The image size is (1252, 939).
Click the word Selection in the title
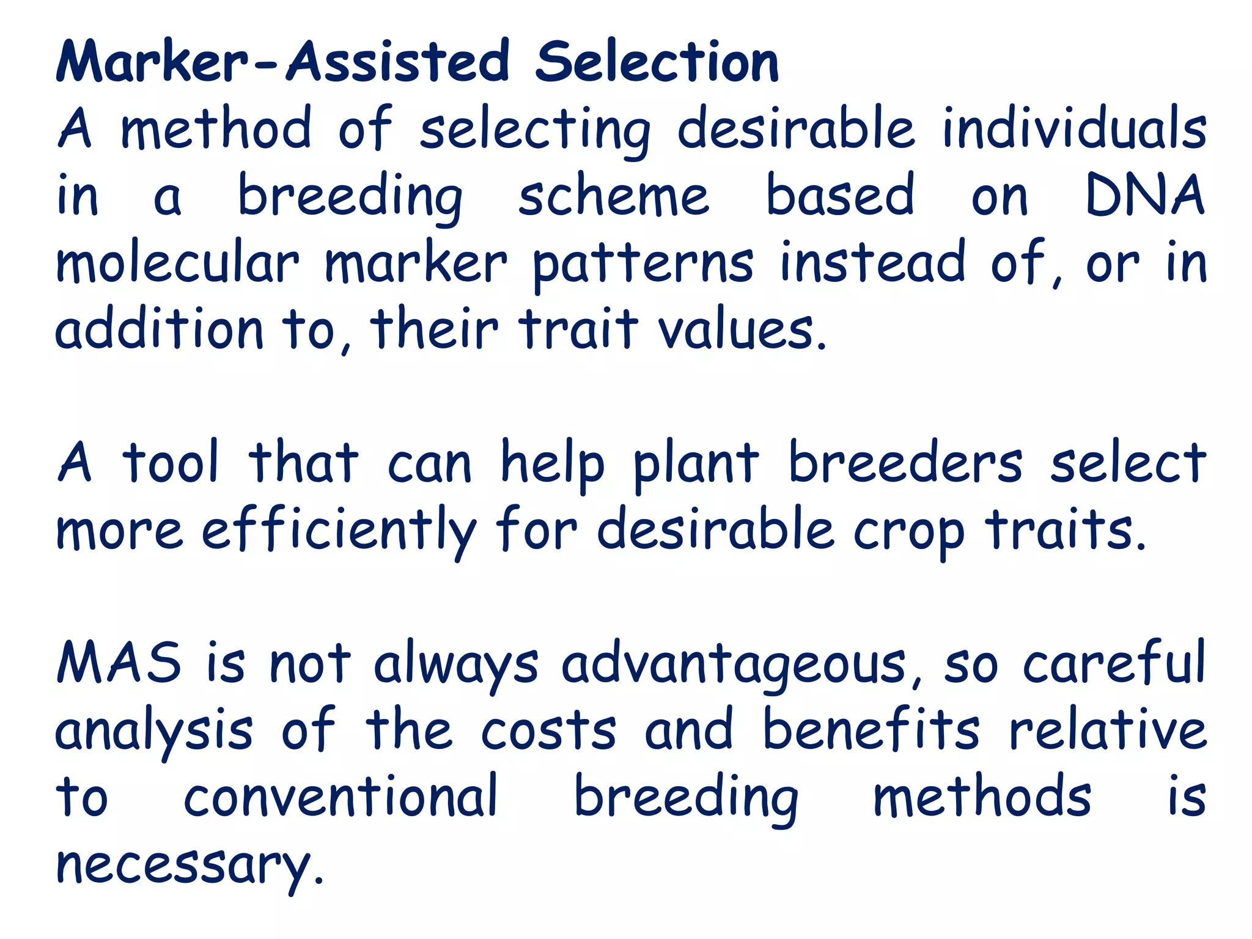(x=657, y=62)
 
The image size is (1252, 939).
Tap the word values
(x=740, y=330)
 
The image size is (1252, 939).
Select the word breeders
(x=905, y=463)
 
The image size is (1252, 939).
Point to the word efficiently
(x=339, y=530)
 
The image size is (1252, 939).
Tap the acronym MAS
(x=119, y=662)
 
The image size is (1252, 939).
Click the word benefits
(x=872, y=729)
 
